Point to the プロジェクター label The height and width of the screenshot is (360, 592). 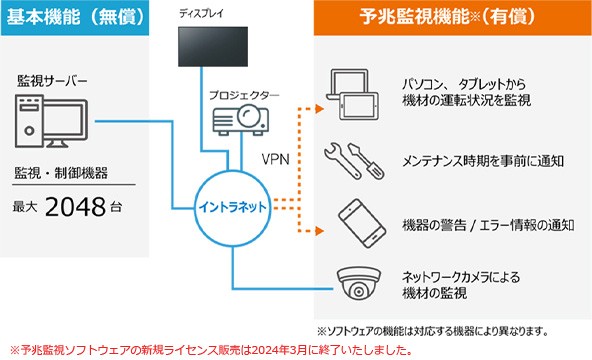point(243,96)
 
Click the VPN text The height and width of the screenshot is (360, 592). point(274,159)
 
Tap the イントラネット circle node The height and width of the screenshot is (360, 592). point(233,206)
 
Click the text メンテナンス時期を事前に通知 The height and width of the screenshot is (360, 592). point(469,160)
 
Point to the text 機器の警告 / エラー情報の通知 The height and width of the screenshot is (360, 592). point(487,224)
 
